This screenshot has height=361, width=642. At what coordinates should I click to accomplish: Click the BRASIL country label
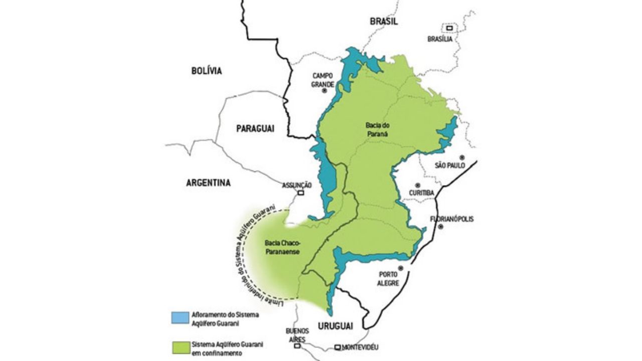point(384,21)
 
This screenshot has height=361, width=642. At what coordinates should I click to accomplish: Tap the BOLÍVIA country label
point(206,71)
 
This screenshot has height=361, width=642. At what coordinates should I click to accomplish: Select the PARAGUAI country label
point(255,129)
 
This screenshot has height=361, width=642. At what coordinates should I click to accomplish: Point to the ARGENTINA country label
point(209,183)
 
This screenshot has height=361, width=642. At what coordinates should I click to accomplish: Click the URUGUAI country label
point(335,325)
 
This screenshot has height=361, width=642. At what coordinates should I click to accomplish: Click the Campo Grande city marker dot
point(324,91)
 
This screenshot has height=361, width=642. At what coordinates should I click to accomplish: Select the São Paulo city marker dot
point(462,157)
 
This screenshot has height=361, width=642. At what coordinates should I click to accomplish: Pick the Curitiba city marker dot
point(417,185)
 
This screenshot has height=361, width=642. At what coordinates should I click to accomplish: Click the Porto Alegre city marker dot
point(401,268)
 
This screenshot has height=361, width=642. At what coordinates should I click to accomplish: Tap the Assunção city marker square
point(301,193)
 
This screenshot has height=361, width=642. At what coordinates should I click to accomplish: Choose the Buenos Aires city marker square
point(297,345)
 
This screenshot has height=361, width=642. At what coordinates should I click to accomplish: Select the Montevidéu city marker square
point(338,347)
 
